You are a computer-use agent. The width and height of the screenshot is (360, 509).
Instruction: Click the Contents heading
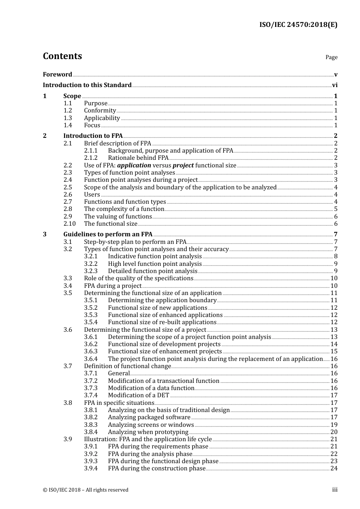click(62, 56)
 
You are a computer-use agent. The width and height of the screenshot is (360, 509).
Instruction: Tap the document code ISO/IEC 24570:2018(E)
click(298, 25)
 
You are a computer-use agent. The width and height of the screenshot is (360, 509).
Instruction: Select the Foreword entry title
click(57, 75)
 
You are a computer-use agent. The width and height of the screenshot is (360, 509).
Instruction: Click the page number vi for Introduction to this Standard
click(335, 85)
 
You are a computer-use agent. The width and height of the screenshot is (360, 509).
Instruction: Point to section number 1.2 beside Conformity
click(67, 111)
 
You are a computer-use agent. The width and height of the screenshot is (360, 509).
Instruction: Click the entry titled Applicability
click(102, 118)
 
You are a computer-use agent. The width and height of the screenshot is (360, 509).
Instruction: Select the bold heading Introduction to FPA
click(93, 136)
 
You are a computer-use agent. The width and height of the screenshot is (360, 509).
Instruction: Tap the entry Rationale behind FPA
click(138, 158)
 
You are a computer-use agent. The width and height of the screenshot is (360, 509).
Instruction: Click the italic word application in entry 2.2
click(134, 166)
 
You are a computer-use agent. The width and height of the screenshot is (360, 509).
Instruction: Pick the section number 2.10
click(69, 224)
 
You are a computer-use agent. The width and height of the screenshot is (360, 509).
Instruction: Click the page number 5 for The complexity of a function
click(335, 209)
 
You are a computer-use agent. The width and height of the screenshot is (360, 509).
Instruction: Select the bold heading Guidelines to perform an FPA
click(108, 234)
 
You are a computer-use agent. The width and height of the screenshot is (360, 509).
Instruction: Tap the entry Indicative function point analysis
click(155, 256)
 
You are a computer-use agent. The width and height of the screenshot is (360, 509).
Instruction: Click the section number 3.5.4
click(91, 322)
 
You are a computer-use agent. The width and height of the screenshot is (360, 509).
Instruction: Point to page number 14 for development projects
click(334, 344)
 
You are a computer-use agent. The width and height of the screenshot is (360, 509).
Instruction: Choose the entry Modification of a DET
click(138, 395)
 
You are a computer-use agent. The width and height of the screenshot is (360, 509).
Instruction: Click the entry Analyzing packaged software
click(149, 417)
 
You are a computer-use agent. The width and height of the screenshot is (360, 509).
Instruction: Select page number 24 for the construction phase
click(334, 468)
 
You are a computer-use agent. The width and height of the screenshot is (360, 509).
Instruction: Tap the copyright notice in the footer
click(86, 490)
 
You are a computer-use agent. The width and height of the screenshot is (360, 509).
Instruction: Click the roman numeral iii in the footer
click(335, 490)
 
